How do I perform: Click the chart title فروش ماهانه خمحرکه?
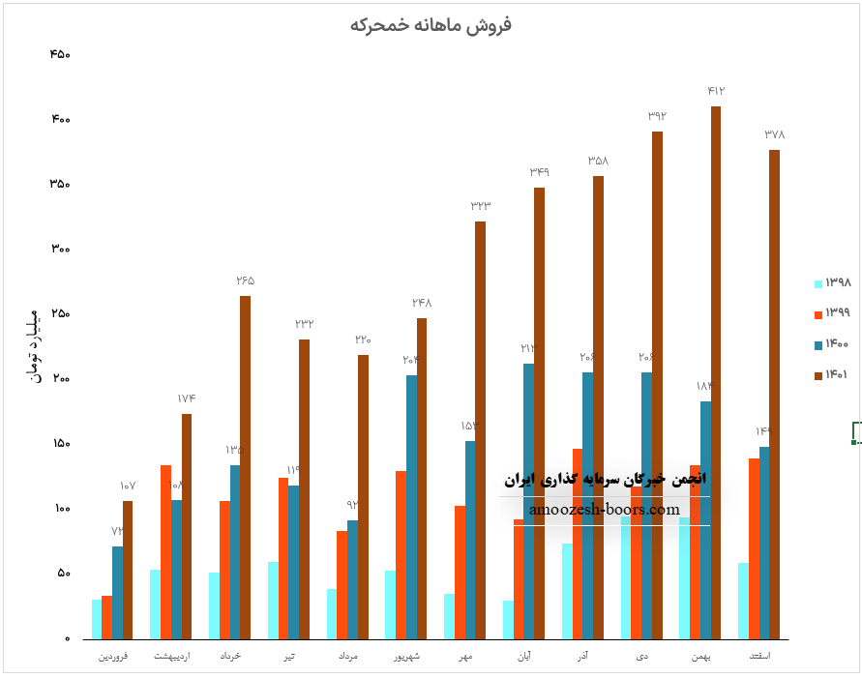pos(431,25)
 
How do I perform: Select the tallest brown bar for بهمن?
pos(716,372)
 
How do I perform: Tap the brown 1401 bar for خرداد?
pos(245,467)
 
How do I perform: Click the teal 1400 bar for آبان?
pos(528,501)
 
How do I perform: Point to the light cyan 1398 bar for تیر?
pos(273,600)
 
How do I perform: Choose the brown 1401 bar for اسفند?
pos(774,395)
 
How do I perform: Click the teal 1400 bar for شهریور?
pos(411,507)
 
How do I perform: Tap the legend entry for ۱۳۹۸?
pos(832,283)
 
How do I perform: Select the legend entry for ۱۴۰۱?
pos(832,374)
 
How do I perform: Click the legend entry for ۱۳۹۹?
pos(832,312)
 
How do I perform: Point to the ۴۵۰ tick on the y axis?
pos(59,54)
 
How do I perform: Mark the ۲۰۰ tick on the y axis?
pos(59,378)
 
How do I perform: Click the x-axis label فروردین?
pos(111,657)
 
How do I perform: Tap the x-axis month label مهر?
pos(465,657)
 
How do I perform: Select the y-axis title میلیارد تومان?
pos(28,344)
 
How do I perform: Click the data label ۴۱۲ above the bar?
pos(716,91)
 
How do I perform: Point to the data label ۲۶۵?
pos(245,280)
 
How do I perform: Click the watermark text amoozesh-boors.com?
pos(605,510)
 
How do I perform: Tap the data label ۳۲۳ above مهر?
pos(481,206)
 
